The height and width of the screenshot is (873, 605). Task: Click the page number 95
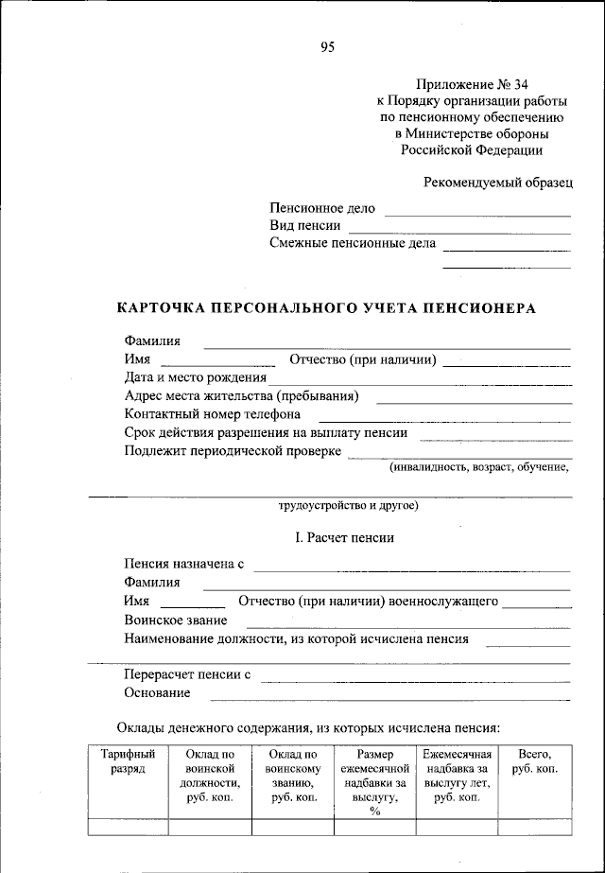(x=327, y=47)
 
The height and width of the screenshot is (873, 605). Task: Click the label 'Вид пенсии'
(x=304, y=226)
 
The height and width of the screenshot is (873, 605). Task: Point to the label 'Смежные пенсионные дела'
(x=353, y=243)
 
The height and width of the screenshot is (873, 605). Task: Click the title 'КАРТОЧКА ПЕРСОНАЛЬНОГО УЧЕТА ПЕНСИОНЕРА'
(x=326, y=308)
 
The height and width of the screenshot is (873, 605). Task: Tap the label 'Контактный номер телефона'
(x=213, y=414)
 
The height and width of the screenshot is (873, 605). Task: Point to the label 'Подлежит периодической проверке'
(x=233, y=451)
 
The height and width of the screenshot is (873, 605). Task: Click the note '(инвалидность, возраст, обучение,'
(x=479, y=467)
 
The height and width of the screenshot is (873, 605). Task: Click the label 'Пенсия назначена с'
(x=183, y=565)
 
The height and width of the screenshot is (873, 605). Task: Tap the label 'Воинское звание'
(x=175, y=620)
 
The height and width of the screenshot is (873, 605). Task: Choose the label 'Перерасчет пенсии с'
(x=187, y=675)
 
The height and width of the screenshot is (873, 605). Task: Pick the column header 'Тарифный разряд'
(x=128, y=762)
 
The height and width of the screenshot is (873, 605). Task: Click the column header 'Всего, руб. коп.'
(x=534, y=762)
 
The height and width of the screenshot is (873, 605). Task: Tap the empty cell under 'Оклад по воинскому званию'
(x=292, y=827)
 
